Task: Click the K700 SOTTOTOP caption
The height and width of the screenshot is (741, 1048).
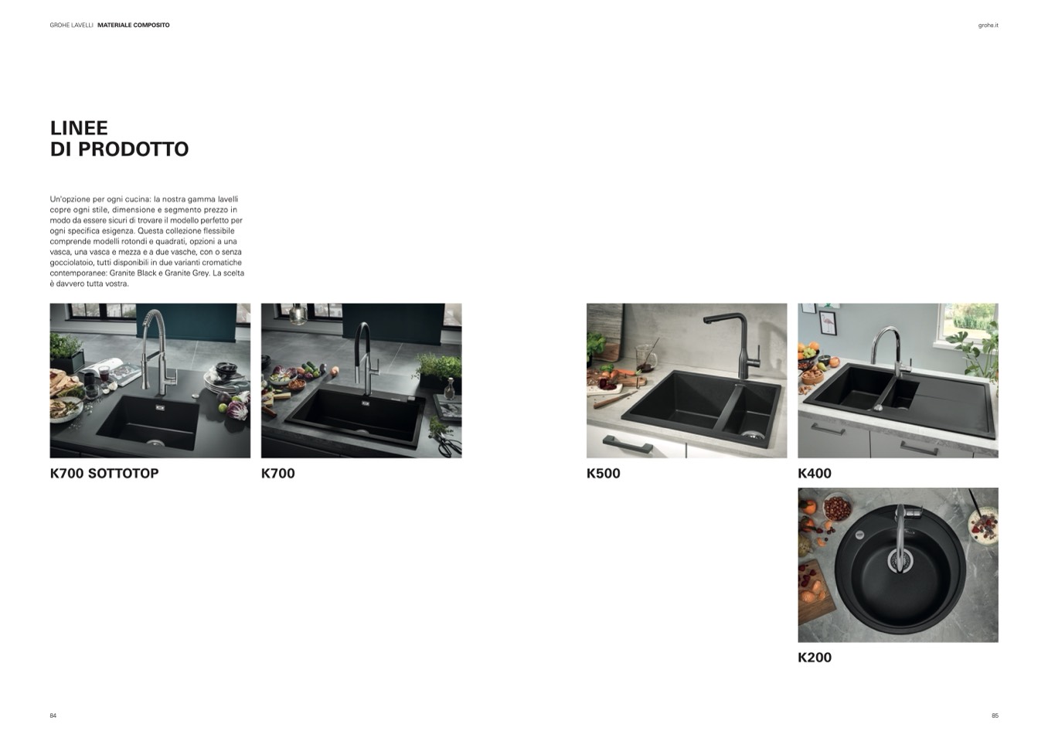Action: [x=104, y=474]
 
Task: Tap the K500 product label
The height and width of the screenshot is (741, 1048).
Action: [x=603, y=474]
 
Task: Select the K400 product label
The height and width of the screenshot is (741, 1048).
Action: [x=815, y=474]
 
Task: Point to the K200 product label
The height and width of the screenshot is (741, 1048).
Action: [x=815, y=658]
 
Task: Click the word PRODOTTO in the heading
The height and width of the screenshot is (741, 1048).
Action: [x=134, y=149]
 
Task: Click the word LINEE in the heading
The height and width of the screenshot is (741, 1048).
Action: [x=79, y=127]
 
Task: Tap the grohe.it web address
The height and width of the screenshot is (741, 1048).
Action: [x=988, y=25]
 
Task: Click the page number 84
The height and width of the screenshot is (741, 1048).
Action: [x=53, y=716]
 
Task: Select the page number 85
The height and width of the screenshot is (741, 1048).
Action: [x=995, y=716]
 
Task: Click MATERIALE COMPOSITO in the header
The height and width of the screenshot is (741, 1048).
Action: [x=134, y=25]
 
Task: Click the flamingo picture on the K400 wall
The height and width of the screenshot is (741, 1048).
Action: [x=828, y=322]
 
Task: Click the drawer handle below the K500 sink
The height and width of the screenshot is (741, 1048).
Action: [x=628, y=443]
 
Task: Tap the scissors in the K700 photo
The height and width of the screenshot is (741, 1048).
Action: [x=447, y=444]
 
